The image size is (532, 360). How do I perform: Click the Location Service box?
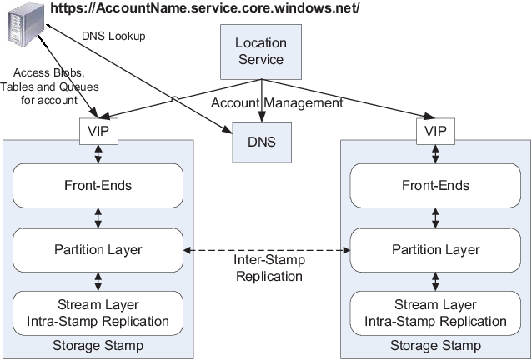coord(261,52)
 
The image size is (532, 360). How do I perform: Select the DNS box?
coord(262,142)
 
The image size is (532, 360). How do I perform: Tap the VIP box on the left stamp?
coord(98,131)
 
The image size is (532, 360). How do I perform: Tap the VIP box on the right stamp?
coord(435,131)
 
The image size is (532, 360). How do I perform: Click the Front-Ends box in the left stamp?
coord(98,186)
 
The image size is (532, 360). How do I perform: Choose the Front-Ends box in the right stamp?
coord(435,186)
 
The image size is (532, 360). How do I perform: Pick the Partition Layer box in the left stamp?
coord(98,250)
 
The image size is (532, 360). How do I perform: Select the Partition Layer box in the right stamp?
coord(435,250)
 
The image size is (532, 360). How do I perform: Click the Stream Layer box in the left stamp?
coord(98,313)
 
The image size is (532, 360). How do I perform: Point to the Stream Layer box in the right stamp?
coord(435,313)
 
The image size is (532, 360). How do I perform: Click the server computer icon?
coord(26,24)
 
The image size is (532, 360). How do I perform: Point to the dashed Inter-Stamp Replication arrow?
coord(267,250)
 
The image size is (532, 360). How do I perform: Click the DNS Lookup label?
coord(113,36)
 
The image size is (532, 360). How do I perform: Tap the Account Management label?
coord(277,102)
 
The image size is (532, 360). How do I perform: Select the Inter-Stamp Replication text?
coord(269,267)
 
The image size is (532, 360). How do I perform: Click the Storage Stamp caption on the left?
coord(98,346)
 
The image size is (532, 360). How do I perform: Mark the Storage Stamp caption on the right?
coord(435,346)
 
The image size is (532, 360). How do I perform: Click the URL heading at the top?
coord(204,7)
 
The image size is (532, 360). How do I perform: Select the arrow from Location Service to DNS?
coord(261,101)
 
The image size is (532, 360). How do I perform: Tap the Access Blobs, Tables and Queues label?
coord(49,87)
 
